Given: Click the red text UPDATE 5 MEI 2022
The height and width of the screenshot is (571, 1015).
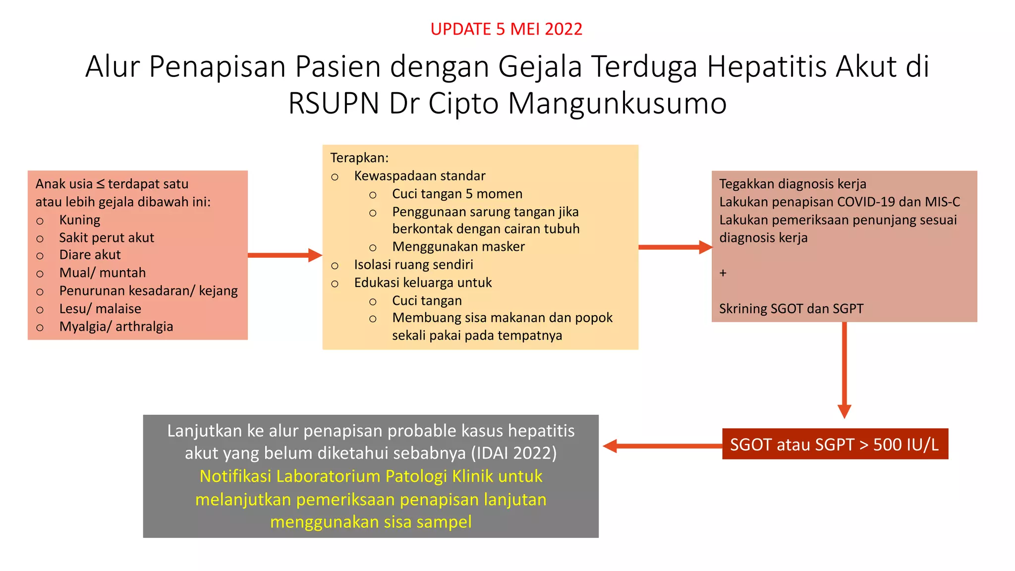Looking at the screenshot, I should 506,29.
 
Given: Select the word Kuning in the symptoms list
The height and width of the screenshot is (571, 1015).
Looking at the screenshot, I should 80,220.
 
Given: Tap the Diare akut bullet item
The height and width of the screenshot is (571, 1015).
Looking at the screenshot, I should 90,255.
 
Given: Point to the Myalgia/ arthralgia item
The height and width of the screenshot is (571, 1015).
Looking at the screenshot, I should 116,327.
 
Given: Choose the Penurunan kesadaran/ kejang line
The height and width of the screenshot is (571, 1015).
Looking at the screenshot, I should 148,290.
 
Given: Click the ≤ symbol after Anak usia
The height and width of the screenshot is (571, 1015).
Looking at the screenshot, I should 100,184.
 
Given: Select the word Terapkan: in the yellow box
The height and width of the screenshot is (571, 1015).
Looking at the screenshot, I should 359,158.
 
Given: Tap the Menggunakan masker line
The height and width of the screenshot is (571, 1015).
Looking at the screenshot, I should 458,246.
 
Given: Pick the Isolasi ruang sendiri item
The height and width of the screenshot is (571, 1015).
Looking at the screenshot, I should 413,265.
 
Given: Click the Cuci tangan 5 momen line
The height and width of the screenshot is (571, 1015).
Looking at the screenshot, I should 457,194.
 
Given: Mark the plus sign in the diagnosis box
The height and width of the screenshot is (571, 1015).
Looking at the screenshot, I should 723,273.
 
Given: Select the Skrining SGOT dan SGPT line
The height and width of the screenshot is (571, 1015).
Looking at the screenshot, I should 791,309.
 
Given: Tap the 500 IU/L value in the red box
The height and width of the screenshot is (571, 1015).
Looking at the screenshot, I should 905,445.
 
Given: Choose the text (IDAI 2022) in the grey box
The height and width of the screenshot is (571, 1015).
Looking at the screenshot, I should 514,453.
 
